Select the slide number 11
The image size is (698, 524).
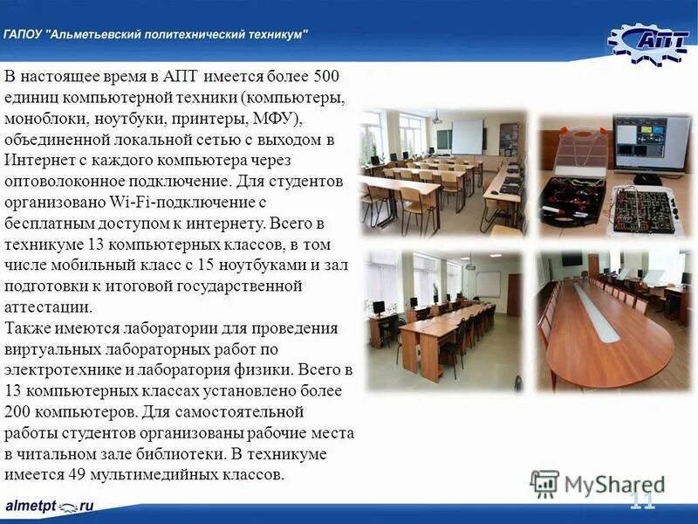(x=641, y=500)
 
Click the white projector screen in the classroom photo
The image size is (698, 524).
(x=467, y=135)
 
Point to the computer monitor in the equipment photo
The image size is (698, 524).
(x=650, y=141)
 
